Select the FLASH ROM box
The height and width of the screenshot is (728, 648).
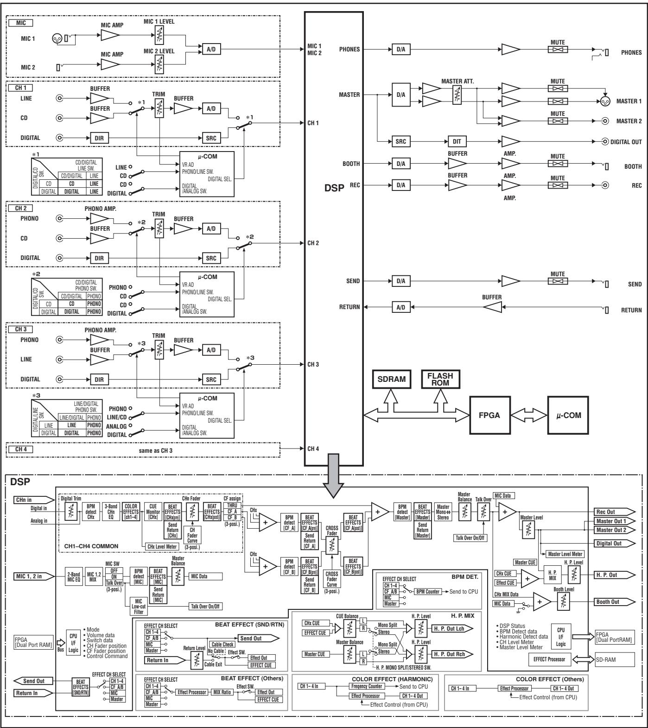[440, 379]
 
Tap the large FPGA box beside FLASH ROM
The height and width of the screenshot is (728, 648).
[489, 415]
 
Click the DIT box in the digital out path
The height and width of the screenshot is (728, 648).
[457, 142]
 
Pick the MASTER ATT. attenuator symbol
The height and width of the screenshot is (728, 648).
[457, 95]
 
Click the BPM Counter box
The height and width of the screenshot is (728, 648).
[427, 592]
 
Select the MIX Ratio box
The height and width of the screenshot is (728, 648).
[222, 692]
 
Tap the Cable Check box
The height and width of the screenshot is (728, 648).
[222, 644]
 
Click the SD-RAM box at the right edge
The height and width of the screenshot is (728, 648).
[614, 659]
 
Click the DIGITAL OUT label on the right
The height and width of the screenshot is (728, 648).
[626, 142]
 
